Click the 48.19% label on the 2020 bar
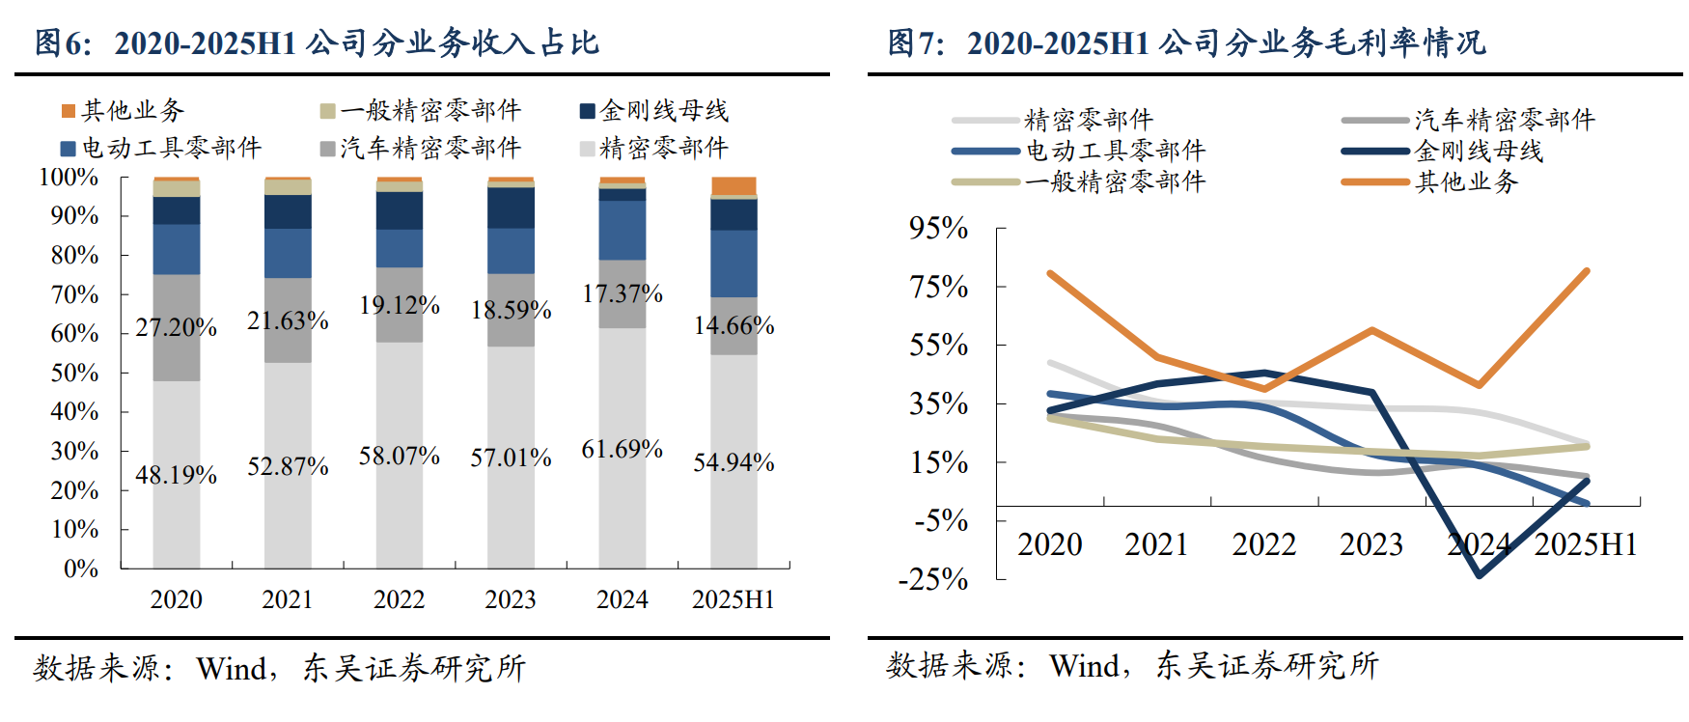tap(176, 475)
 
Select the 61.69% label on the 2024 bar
tap(622, 449)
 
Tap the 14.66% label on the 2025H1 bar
tap(734, 325)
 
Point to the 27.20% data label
tap(176, 327)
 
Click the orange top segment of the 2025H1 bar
tap(734, 186)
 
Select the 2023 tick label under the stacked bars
tap(511, 599)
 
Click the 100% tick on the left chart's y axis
tap(69, 178)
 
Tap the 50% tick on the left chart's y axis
tap(74, 373)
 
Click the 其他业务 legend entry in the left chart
tap(124, 111)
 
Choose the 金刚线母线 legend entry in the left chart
tap(655, 111)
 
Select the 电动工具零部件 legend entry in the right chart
tap(1115, 151)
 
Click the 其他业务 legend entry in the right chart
tap(1466, 181)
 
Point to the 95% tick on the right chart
tap(938, 229)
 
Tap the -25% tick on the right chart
tap(933, 579)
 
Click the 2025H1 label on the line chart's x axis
tap(1586, 545)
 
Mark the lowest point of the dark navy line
tap(1480, 575)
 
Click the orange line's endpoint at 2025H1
tap(1587, 271)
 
